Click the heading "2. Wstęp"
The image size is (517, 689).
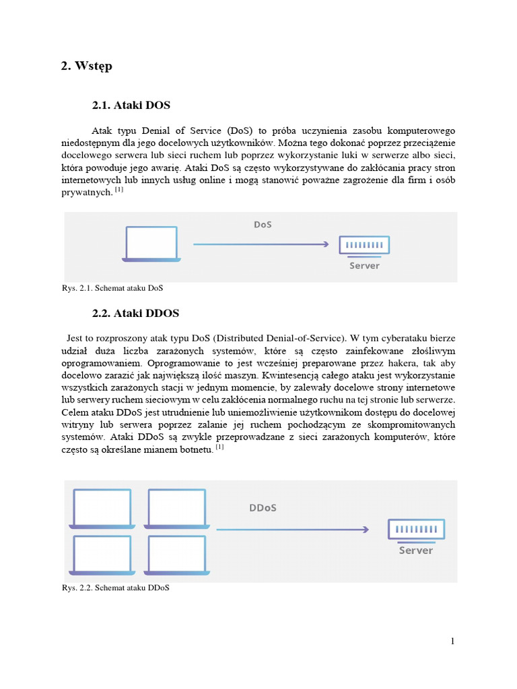click(86, 66)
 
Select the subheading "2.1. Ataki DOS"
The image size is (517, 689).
click(131, 106)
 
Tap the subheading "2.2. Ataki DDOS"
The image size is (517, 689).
click(135, 314)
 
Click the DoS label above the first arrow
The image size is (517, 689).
click(263, 224)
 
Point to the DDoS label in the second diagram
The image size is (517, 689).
click(263, 507)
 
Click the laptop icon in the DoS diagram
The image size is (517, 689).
click(151, 244)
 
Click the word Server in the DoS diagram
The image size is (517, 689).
click(364, 266)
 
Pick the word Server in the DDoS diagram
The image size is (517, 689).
click(415, 550)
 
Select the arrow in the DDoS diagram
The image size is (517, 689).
click(292, 530)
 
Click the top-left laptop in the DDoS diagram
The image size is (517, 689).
click(102, 509)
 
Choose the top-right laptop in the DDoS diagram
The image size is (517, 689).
click(176, 509)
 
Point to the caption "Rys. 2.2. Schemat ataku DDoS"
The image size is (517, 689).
click(115, 587)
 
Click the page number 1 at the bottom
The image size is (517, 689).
click(452, 641)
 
